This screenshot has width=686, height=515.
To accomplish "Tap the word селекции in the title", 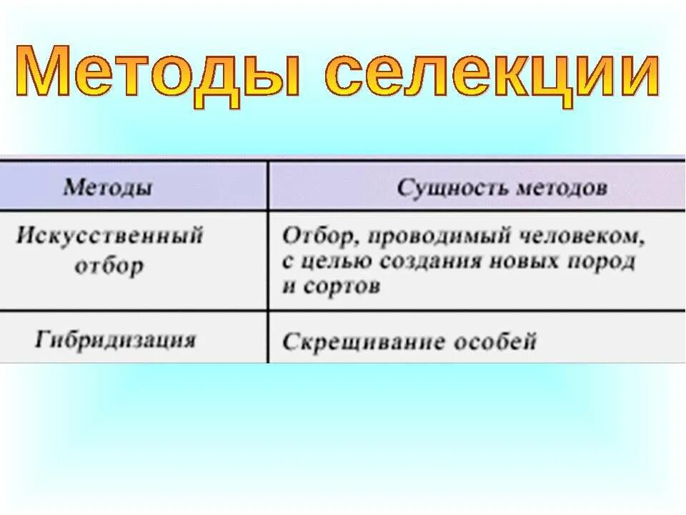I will point(494,74).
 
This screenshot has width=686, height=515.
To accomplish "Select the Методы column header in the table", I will point(107,187).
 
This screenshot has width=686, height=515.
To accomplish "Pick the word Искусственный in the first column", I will point(109,236).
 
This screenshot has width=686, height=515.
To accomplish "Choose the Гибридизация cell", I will point(114,338).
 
